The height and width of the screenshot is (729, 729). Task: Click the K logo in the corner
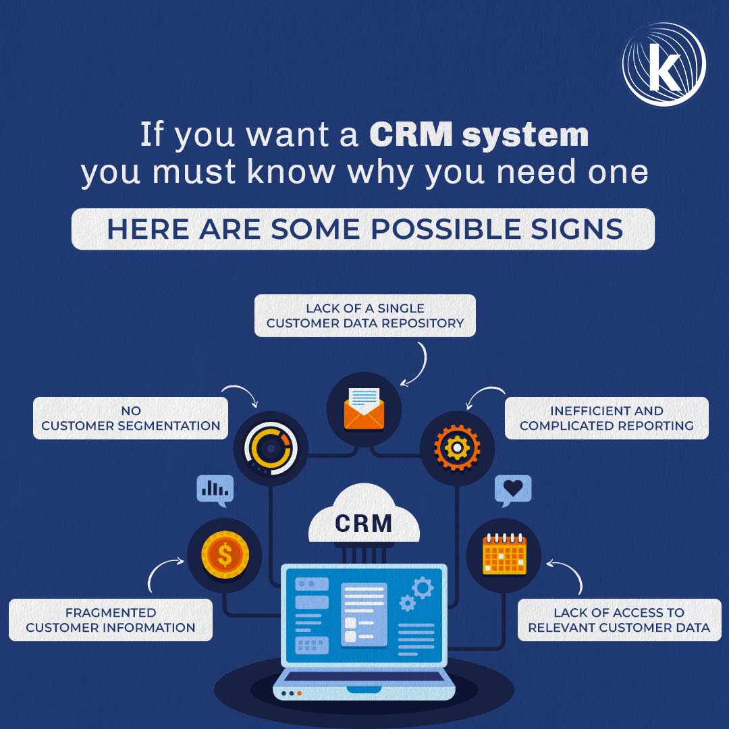pos(664,64)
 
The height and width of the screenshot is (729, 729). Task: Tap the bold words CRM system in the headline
pos(479,135)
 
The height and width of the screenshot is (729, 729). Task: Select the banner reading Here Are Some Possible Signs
pos(362,229)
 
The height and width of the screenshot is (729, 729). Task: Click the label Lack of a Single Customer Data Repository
pos(365,315)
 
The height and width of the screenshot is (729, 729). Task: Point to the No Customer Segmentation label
pos(131,418)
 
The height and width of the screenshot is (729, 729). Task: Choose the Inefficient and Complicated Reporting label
pos(607,418)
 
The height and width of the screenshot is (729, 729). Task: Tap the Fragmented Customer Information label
pos(111,620)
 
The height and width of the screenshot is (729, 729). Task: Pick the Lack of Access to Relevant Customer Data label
pos(619,620)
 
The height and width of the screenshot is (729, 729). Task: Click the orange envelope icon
pos(364,408)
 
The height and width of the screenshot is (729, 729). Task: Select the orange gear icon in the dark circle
pos(457,448)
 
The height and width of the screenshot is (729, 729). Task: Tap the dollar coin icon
pos(225,555)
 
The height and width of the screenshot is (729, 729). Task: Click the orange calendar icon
pos(504,553)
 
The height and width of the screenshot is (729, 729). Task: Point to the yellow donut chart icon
pos(271,448)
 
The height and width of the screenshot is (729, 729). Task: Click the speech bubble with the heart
pos(513,490)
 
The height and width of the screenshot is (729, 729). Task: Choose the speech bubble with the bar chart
pos(215,490)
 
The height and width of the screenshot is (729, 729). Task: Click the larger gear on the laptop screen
pos(423,588)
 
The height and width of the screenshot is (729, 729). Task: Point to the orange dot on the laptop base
pos(299,693)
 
